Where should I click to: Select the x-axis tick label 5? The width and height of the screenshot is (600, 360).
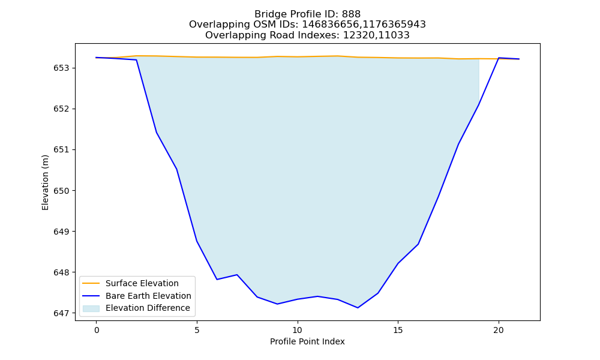point(197,330)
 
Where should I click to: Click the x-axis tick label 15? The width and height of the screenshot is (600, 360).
point(398,330)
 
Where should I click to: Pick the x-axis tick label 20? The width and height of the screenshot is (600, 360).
point(499,330)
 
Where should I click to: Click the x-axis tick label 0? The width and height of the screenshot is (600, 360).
point(97,330)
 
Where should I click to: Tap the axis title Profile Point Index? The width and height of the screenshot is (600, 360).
point(307,341)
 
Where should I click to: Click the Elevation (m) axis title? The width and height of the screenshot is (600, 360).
point(45,182)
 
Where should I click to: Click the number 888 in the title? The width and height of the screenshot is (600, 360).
point(351,14)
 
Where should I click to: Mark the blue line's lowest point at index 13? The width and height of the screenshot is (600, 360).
point(358,308)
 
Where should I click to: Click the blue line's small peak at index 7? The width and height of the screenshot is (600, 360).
point(237,275)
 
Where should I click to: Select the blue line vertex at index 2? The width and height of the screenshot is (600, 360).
point(137,59)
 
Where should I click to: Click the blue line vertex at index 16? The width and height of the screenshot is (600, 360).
point(418,244)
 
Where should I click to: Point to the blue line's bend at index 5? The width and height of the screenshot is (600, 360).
point(197,241)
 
